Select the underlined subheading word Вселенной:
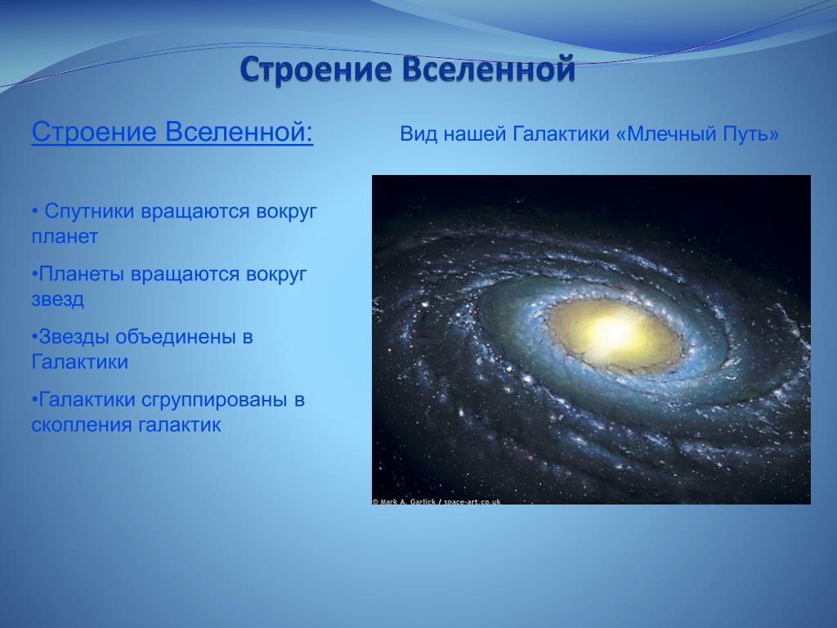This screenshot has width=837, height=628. [239, 132]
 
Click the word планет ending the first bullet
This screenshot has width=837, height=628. [65, 236]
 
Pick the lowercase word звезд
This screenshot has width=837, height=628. [58, 299]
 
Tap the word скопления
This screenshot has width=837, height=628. [82, 425]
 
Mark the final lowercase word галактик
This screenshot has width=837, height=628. [179, 425]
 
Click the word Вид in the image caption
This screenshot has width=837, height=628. [418, 133]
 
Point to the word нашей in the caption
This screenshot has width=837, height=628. [475, 134]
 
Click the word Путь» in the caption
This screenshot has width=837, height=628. [751, 133]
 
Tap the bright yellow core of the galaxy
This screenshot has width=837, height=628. [615, 332]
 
